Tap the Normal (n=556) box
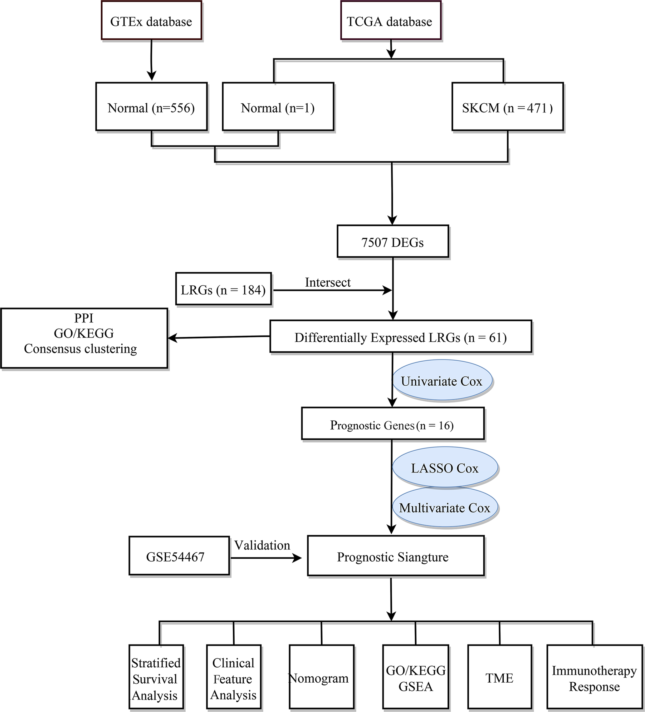click(151, 107)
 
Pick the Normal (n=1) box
click(278, 107)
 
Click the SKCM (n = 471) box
click(507, 107)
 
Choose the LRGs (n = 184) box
click(223, 289)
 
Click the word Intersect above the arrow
click(328, 282)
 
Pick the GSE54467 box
click(179, 556)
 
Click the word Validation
click(262, 545)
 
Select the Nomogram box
click(321, 677)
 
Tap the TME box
click(499, 677)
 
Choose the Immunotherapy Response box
click(594, 677)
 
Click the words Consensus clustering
click(81, 349)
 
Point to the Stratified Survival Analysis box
click(156, 677)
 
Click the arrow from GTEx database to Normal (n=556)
click(151, 60)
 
